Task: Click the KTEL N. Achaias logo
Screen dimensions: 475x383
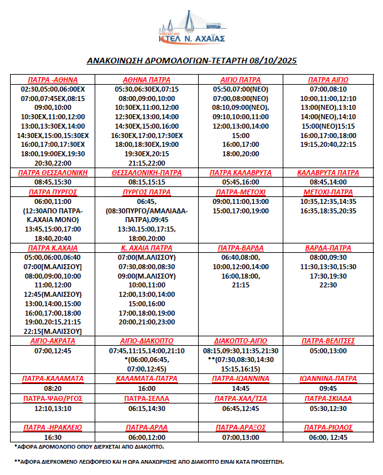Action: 191,28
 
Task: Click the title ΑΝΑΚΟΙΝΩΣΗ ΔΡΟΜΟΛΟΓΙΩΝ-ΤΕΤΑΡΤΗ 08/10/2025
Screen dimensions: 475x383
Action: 191,61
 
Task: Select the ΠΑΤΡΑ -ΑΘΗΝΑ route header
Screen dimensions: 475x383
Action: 53,80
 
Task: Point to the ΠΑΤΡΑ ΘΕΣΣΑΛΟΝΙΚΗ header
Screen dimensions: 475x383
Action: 53,173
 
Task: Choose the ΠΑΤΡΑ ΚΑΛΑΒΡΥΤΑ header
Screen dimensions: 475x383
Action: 241,173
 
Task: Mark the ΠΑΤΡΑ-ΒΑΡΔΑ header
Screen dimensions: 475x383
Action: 241,248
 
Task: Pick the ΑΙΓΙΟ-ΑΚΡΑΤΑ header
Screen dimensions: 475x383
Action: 53,341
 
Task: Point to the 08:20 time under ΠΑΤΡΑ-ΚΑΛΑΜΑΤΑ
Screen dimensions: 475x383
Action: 53,389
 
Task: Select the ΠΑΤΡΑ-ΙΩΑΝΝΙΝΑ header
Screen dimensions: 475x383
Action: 241,379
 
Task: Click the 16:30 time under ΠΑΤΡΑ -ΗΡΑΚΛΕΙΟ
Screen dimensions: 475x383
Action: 53,437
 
